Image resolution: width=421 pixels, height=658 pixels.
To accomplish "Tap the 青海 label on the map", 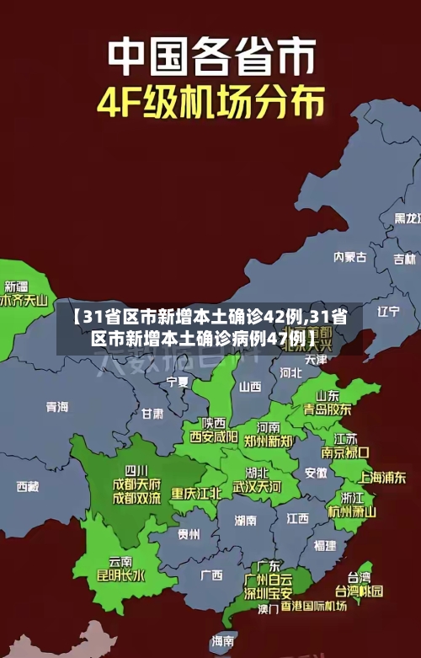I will [x=57, y=407].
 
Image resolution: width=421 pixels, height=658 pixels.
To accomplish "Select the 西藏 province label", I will [x=28, y=486].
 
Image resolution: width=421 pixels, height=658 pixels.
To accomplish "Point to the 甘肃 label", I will [x=152, y=414].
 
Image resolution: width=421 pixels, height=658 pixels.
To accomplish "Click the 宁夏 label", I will [x=178, y=382].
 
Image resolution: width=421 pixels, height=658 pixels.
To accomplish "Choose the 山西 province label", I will [x=250, y=387].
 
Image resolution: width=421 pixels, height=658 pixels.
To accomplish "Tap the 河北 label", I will [x=290, y=371].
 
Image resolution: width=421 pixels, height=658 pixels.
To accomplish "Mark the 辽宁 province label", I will [x=388, y=311].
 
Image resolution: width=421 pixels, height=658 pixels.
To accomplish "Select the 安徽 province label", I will [x=316, y=473].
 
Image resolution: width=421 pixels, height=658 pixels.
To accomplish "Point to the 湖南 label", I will [x=246, y=520].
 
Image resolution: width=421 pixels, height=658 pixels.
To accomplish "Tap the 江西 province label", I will [x=297, y=517].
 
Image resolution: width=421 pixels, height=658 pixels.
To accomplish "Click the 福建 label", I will [x=324, y=546].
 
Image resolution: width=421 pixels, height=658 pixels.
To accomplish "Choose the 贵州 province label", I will [x=189, y=534].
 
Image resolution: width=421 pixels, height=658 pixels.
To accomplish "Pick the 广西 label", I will [x=211, y=575].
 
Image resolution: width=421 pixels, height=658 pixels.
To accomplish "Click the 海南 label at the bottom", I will [x=223, y=641].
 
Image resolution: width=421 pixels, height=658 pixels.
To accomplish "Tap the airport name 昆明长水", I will [x=121, y=576].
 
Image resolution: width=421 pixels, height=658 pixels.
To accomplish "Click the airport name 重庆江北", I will [x=197, y=493].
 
